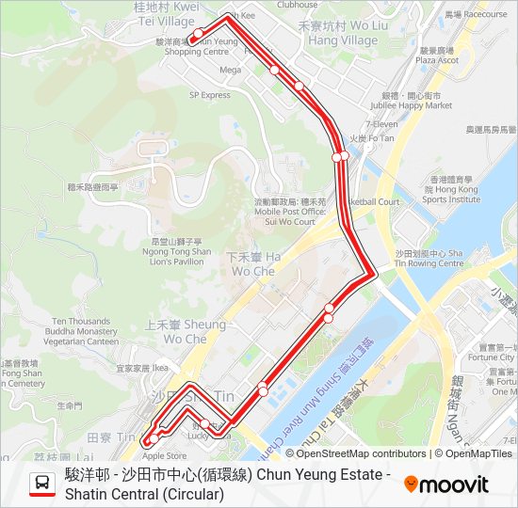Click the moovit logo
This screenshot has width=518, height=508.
446,484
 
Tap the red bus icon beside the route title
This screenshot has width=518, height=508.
41,484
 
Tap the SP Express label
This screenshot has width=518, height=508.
209,95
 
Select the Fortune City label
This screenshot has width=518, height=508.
491,357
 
